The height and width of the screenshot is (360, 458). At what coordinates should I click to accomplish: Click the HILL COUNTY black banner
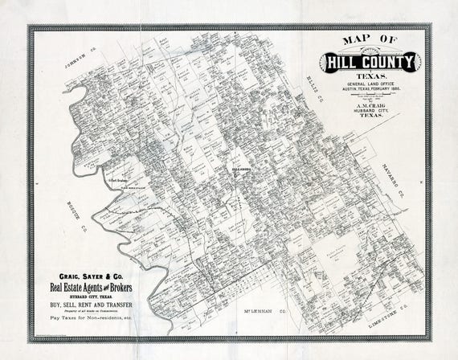coord(370,61)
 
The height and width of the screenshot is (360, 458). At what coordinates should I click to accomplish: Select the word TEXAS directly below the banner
coord(370,76)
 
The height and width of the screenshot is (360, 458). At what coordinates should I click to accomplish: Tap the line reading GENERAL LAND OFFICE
coord(370,84)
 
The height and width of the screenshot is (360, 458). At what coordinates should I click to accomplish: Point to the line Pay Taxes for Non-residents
coord(90,319)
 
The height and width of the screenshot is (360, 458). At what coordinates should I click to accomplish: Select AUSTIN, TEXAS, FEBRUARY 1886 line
coord(370,89)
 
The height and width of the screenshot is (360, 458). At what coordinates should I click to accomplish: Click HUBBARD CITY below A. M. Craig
coord(370,110)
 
